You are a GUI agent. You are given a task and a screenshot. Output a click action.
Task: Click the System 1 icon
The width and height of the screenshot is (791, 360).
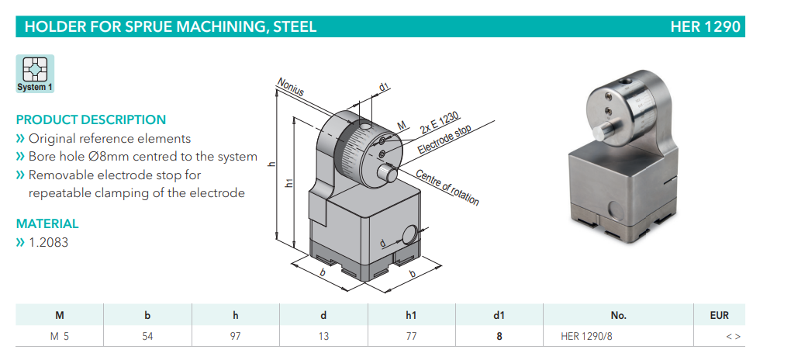[35, 73]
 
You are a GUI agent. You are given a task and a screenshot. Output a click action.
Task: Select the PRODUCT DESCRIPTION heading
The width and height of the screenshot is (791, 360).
[91, 119]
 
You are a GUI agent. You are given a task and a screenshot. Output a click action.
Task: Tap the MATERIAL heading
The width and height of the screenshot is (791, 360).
[47, 223]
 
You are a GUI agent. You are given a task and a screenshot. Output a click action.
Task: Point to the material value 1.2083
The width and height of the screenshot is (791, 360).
[48, 242]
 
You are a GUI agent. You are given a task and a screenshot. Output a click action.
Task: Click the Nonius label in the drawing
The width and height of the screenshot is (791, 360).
[289, 88]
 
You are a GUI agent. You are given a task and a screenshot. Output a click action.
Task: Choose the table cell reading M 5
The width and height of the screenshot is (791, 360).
[60, 336]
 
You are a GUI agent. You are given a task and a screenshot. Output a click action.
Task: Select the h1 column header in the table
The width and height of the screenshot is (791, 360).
[411, 315]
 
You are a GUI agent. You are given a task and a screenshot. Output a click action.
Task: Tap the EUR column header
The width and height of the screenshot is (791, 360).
[719, 315]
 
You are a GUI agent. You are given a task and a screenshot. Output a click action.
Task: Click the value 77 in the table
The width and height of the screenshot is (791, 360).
[411, 336]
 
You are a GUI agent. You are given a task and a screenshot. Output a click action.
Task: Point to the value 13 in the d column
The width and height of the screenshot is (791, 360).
[323, 336]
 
